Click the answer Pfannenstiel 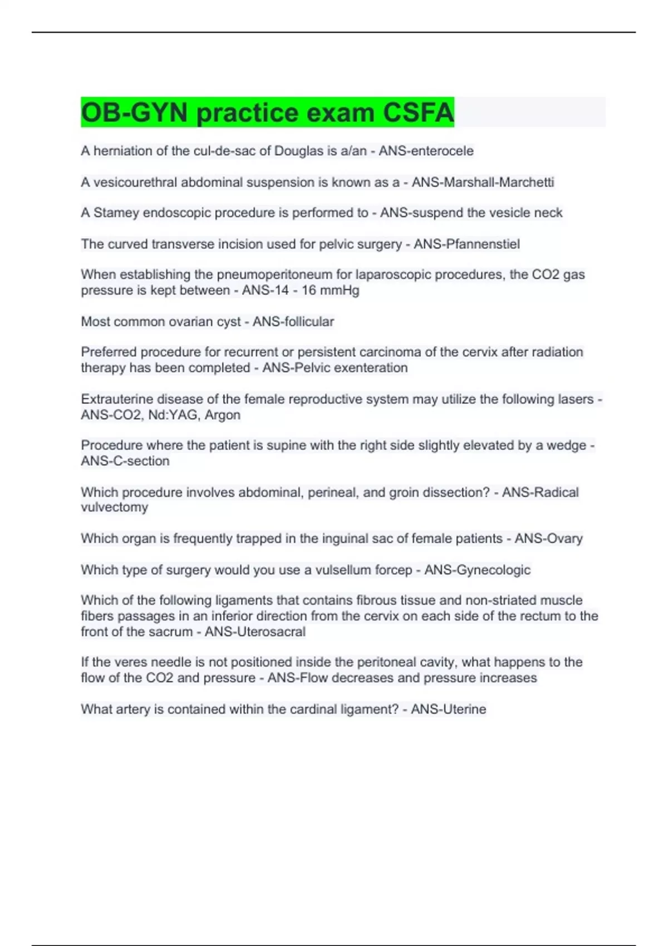483,244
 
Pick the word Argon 223,415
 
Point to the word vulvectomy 115,507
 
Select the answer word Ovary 564,538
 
